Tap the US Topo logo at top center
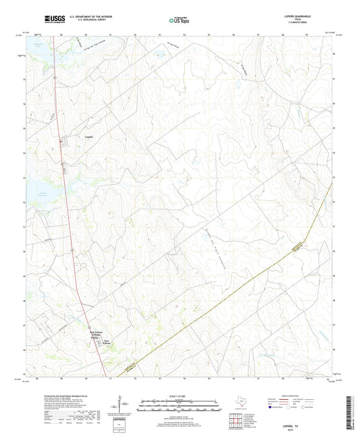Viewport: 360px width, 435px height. tap(179, 20)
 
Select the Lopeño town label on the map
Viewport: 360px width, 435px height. tap(88, 136)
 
